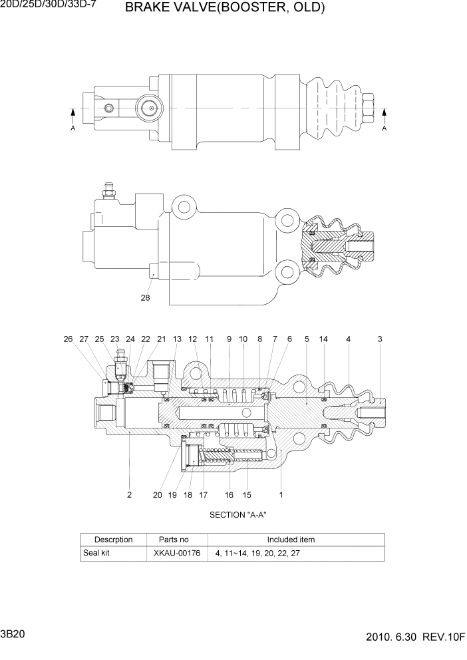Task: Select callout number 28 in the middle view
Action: (x=145, y=298)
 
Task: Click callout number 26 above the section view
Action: (x=68, y=339)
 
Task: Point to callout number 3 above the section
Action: (x=380, y=339)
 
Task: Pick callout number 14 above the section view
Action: (x=323, y=339)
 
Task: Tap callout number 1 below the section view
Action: (x=281, y=494)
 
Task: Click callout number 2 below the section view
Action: (x=129, y=494)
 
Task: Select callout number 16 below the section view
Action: (x=229, y=494)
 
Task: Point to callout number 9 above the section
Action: (x=229, y=339)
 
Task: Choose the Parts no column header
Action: (x=174, y=540)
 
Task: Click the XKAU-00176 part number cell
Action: (x=174, y=553)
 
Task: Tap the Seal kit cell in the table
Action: (x=97, y=553)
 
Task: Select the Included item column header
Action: (x=291, y=540)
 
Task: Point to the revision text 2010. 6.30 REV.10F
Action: (x=416, y=637)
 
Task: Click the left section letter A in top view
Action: (x=73, y=128)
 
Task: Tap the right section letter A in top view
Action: (x=384, y=128)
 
